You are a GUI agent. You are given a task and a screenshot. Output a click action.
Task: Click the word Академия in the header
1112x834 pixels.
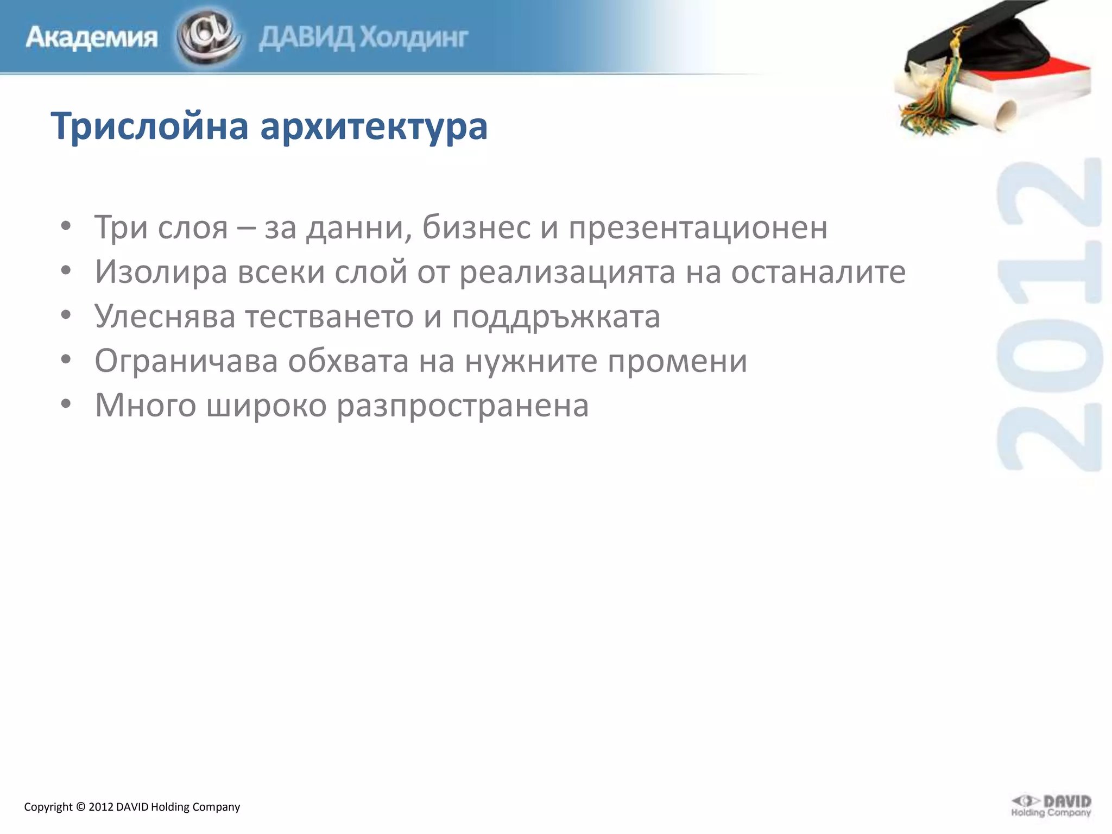91,37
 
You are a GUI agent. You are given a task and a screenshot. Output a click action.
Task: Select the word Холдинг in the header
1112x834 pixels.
414,37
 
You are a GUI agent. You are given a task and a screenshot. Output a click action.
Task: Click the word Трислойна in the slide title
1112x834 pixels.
150,126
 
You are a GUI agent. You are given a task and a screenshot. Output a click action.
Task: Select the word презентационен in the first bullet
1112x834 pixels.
698,228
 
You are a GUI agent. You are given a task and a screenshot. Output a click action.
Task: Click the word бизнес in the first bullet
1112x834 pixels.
477,226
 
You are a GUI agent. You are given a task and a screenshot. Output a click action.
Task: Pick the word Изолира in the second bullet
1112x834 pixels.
161,271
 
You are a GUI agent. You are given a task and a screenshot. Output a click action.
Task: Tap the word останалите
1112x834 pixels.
818,271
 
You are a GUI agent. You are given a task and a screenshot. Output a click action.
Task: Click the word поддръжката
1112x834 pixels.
556,317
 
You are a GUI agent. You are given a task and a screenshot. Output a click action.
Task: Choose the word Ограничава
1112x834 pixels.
186,361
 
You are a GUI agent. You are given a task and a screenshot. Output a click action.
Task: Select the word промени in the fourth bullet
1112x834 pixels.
677,361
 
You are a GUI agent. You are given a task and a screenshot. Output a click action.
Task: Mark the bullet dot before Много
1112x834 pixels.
66,404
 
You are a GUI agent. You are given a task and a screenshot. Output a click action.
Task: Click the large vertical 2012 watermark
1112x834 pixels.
1049,315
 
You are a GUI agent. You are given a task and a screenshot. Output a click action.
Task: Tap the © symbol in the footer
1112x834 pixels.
80,807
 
